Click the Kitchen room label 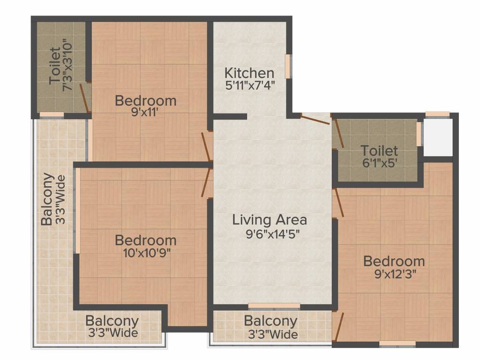pos(249,73)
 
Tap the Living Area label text pos(270,219)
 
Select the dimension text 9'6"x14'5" pos(270,233)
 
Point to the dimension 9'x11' pos(145,112)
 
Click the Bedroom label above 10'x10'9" pos(145,240)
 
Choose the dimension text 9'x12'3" pos(394,274)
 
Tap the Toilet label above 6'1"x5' pos(379,151)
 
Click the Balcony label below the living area pos(270,322)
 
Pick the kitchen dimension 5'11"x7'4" pos(249,85)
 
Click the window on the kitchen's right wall pos(288,66)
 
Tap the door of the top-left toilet pos(84,98)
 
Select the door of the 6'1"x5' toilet pos(338,134)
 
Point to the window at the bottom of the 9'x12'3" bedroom pos(397,344)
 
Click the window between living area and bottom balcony pos(274,306)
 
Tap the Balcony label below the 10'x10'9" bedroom pos(112,322)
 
